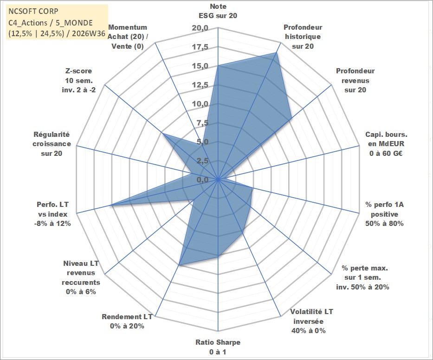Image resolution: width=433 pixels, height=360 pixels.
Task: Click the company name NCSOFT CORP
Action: pyautogui.click(x=33, y=11)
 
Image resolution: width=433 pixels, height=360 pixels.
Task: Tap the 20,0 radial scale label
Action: pyautogui.click(x=200, y=28)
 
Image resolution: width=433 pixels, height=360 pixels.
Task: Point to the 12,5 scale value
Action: pyautogui.click(x=200, y=85)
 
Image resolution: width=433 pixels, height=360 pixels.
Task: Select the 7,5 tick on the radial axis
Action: pyautogui.click(x=202, y=123)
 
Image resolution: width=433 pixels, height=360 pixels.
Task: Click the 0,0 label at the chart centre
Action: pyautogui.click(x=202, y=180)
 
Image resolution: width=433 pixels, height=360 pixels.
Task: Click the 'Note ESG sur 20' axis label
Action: pyautogui.click(x=218, y=11)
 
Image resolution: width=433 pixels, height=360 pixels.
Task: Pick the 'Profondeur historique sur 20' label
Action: pyautogui.click(x=303, y=37)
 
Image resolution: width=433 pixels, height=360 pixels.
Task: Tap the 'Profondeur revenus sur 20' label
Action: pyautogui.click(x=355, y=80)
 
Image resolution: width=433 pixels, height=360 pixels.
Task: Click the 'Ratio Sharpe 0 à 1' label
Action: pyautogui.click(x=218, y=347)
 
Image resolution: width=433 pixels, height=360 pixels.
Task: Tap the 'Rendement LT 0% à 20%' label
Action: pyautogui.click(x=127, y=321)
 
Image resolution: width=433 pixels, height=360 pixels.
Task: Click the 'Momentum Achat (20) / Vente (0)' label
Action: pyautogui.click(x=128, y=37)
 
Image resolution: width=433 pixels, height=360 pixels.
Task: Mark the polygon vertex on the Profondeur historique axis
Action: pyautogui.click(x=276, y=52)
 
